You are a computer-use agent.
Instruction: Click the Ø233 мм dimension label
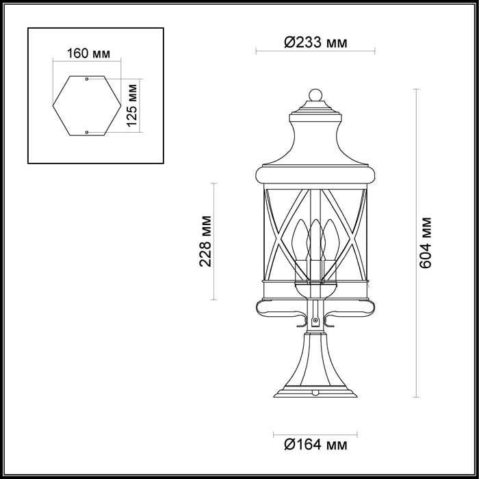315,42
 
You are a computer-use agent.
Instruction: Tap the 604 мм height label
426,243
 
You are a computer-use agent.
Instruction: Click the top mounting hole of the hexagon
86,80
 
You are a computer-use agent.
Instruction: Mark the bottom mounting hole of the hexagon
86,131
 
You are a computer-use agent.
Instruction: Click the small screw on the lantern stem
315,320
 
